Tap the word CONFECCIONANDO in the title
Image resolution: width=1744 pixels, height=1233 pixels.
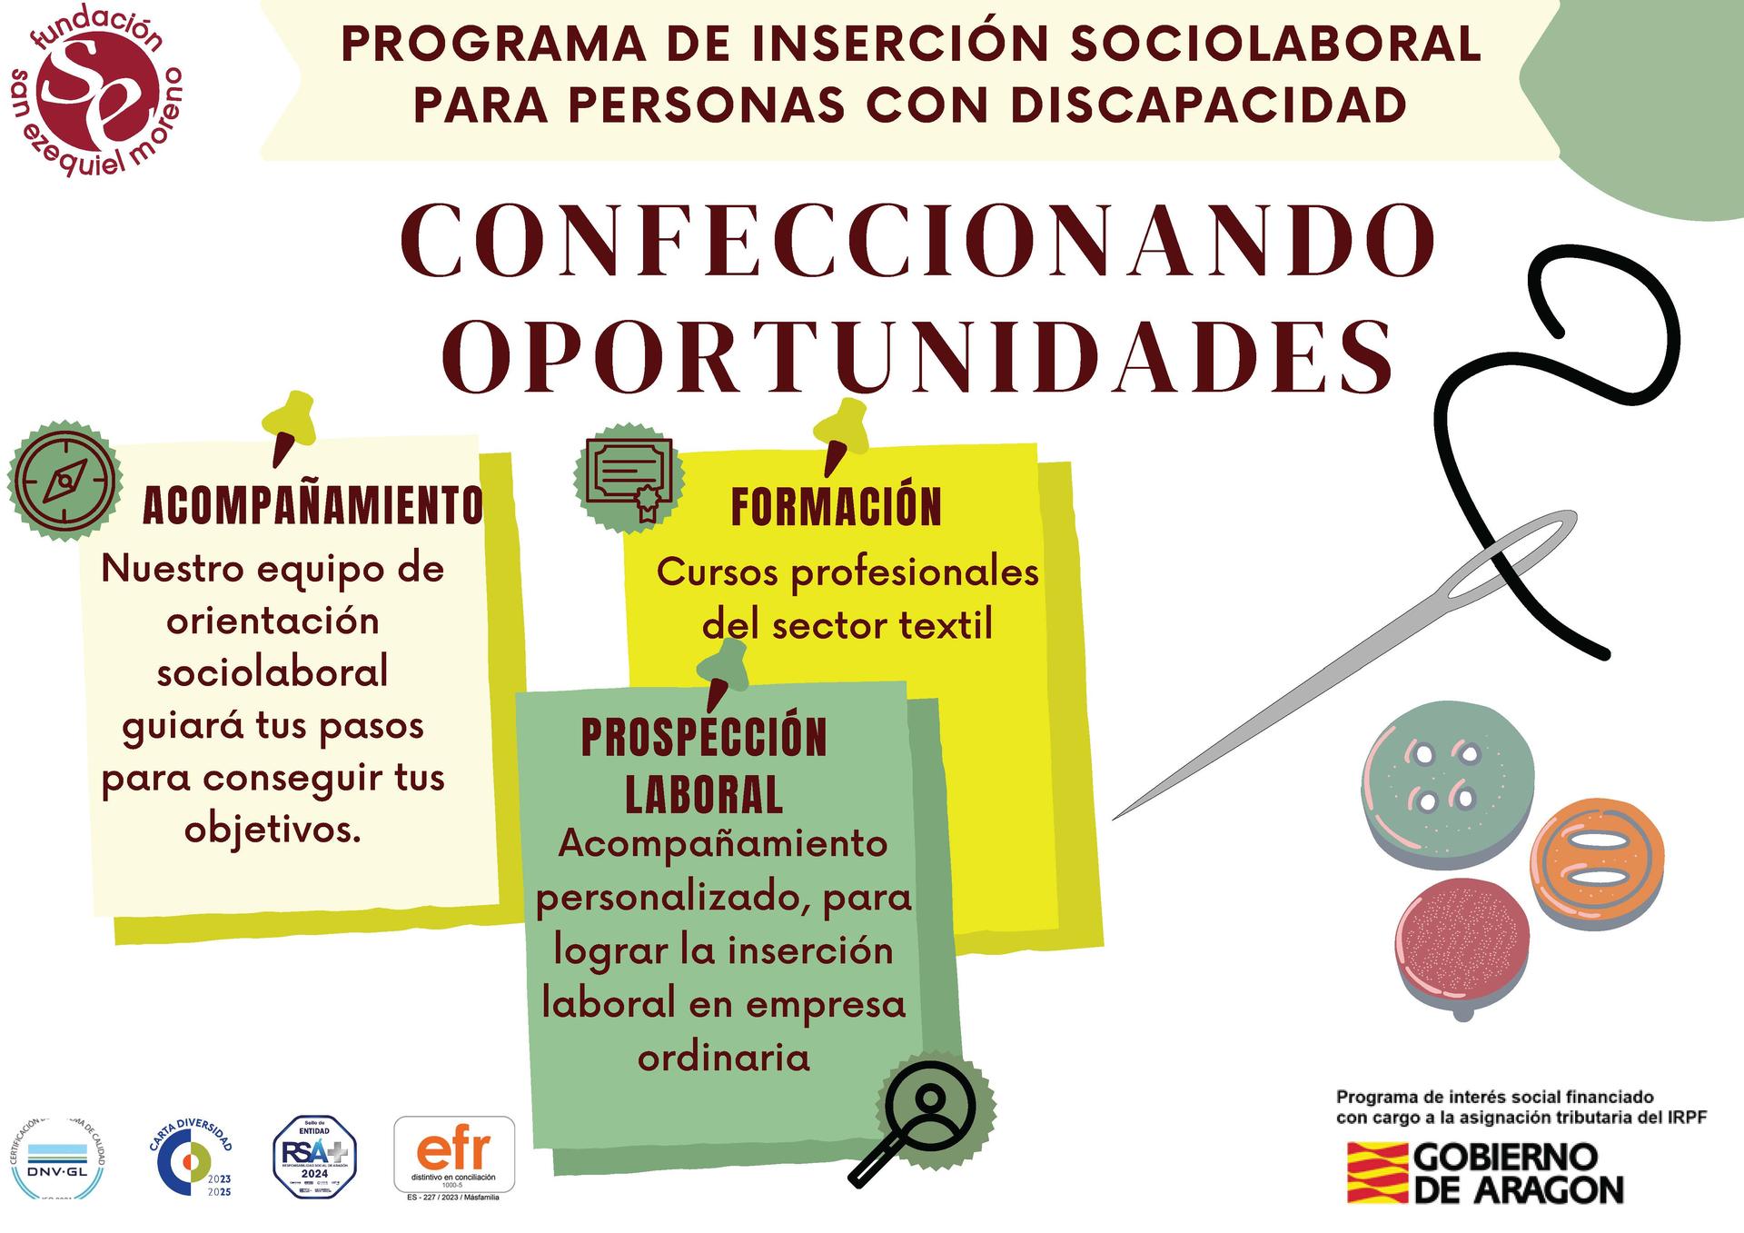(917, 241)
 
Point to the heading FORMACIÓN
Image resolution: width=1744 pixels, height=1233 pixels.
(837, 507)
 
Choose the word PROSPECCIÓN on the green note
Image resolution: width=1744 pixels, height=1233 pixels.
(704, 737)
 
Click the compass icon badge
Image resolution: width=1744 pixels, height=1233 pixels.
(64, 482)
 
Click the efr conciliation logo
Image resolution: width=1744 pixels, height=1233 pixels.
(453, 1155)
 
